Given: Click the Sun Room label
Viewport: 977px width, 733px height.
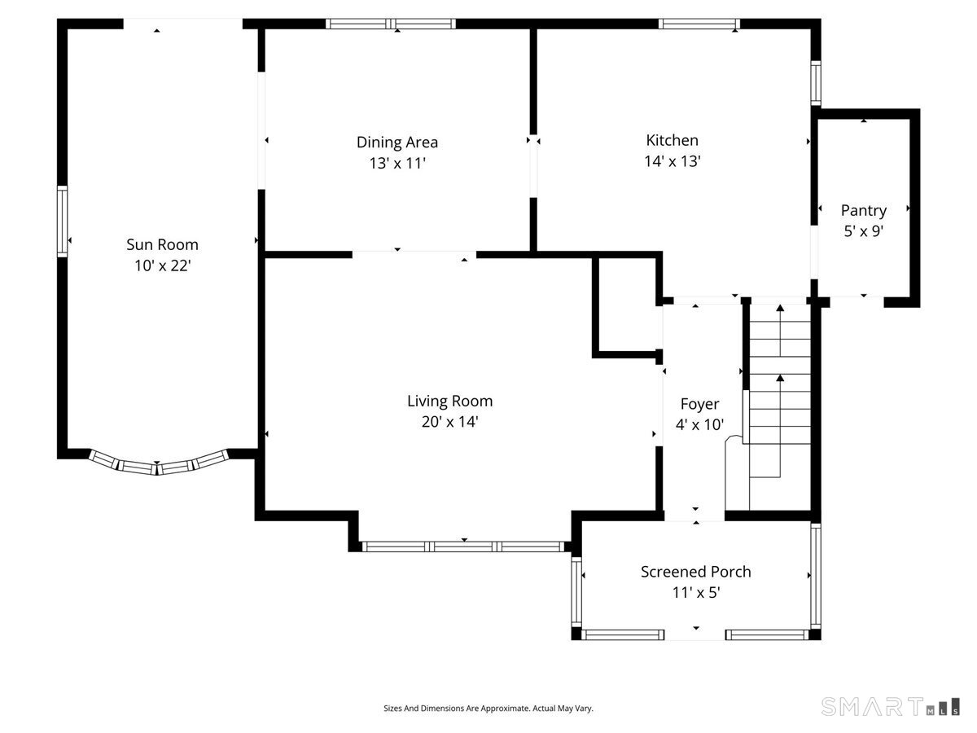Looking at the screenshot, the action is [162, 244].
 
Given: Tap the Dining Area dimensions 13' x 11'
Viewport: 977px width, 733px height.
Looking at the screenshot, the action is [397, 164].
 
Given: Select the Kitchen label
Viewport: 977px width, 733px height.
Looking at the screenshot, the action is [673, 140].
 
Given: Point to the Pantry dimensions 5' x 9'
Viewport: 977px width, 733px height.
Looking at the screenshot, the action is [864, 231].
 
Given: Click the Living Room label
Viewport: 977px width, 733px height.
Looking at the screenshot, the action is [449, 401].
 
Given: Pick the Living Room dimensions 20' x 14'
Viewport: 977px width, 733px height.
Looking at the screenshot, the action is [449, 421].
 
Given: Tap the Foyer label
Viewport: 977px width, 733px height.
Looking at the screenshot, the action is [699, 404].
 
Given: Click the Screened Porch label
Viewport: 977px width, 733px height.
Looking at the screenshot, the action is [695, 572].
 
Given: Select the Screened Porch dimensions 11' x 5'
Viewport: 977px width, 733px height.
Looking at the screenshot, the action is [695, 592].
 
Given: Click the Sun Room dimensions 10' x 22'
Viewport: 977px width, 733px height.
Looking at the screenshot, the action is [163, 266].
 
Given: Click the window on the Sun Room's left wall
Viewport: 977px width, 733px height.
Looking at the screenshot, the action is [63, 222].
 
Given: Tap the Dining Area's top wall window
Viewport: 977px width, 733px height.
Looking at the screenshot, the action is [390, 24].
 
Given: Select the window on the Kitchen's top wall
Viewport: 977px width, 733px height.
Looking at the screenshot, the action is [699, 24].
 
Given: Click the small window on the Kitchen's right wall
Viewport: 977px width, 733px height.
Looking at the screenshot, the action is [816, 83].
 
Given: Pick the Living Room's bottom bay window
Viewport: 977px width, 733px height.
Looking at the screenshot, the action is [463, 546].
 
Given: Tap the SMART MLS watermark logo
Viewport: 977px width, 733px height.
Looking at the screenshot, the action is [890, 706].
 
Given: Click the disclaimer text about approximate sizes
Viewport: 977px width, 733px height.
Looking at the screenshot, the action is [488, 708].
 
